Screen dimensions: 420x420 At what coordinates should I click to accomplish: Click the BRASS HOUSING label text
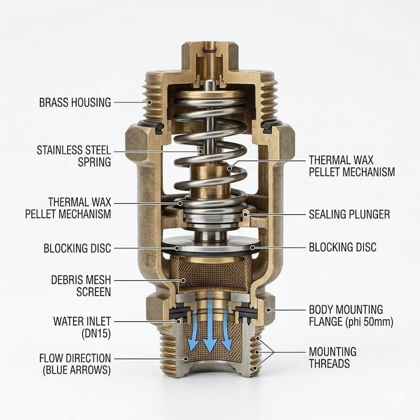click(75, 102)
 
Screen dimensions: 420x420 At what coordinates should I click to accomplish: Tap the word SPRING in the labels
click(94, 162)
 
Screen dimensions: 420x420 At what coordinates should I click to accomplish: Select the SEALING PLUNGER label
click(349, 215)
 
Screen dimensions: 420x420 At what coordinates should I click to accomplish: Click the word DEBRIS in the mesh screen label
click(67, 280)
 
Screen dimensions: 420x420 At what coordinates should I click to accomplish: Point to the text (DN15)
click(96, 334)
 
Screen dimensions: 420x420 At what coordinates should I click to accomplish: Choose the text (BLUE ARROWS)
click(77, 370)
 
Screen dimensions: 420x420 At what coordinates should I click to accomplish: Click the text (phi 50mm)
click(370, 322)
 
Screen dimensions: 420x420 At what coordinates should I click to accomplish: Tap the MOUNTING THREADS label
click(333, 358)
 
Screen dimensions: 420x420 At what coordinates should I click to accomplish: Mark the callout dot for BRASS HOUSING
click(150, 102)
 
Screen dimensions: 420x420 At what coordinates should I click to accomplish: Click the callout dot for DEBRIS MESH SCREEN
click(183, 280)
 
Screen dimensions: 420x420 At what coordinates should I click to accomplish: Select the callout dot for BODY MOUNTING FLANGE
click(268, 310)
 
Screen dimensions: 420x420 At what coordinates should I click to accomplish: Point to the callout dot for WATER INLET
click(178, 321)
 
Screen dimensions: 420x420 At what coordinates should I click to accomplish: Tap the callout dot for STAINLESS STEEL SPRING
click(201, 152)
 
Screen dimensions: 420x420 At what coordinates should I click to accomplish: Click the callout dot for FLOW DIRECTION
click(186, 359)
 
